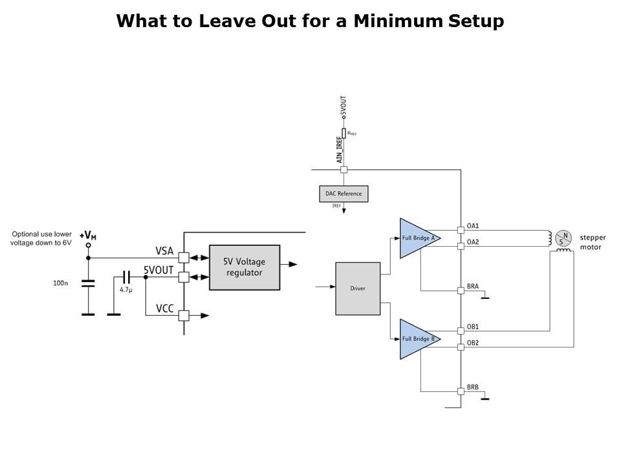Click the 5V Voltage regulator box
pyautogui.click(x=245, y=267)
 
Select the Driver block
pyautogui.click(x=358, y=288)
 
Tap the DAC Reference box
pyautogui.click(x=343, y=193)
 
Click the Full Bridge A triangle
pyautogui.click(x=417, y=238)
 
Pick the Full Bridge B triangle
pyautogui.click(x=417, y=339)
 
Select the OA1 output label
pyautogui.click(x=473, y=227)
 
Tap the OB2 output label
pyautogui.click(x=473, y=342)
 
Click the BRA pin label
pyautogui.click(x=473, y=285)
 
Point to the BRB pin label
pyautogui.click(x=473, y=387)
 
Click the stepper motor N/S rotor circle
pyautogui.click(x=563, y=238)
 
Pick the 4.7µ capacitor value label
pyautogui.click(x=126, y=290)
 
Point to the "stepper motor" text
pyautogui.click(x=593, y=242)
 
